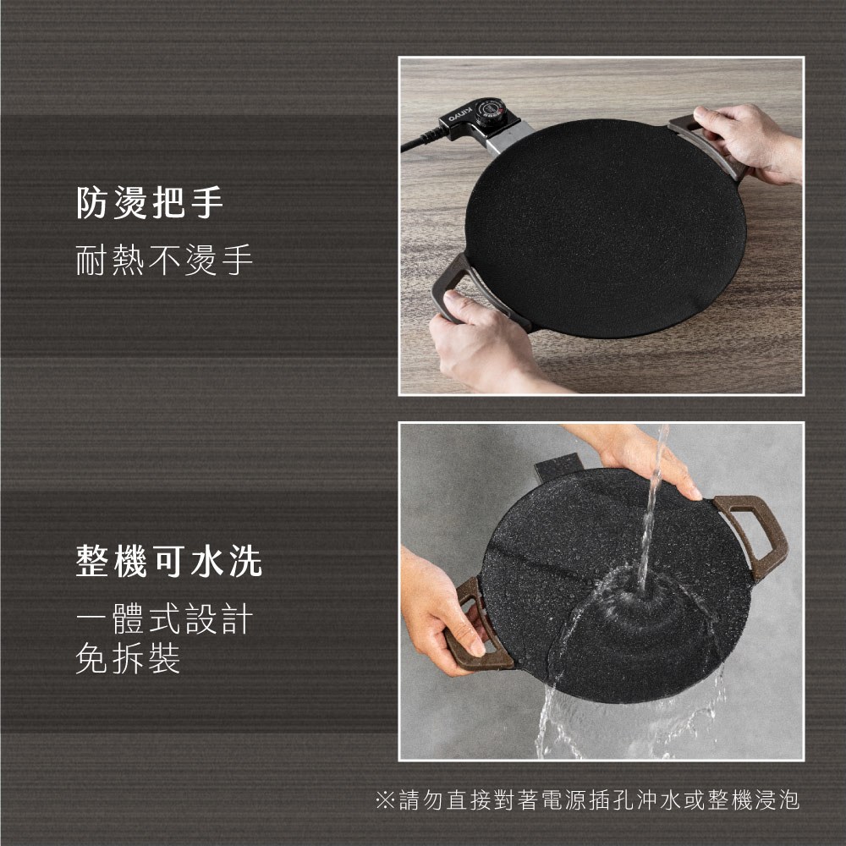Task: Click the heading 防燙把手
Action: [150, 203]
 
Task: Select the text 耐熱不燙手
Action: [164, 260]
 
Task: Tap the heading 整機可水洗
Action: [169, 561]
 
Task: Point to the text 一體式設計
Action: [164, 618]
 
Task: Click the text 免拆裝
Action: [128, 658]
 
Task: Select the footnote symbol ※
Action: [385, 800]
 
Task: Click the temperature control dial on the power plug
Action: [490, 113]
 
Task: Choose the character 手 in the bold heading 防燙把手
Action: [207, 203]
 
